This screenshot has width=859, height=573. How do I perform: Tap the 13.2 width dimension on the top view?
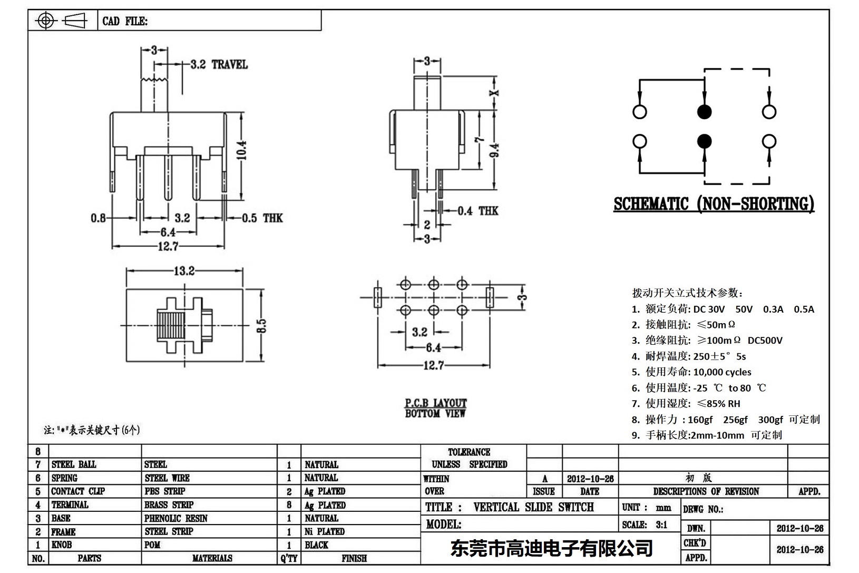click(184, 271)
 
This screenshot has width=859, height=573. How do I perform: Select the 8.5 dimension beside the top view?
click(261, 325)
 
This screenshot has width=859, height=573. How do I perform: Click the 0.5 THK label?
click(262, 218)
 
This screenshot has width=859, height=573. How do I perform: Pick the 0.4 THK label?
click(477, 211)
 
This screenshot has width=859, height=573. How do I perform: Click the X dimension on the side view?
click(494, 93)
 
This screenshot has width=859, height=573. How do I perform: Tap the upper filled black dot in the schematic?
click(704, 112)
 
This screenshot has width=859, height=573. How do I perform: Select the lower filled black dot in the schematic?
click(704, 141)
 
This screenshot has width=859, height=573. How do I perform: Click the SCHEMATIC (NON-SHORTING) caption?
click(714, 204)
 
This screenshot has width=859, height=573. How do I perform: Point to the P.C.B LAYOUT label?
click(435, 403)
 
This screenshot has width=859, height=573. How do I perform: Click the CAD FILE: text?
click(125, 22)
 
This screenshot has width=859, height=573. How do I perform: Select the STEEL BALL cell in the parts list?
click(74, 464)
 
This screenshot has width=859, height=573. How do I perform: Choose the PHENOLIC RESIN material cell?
click(175, 518)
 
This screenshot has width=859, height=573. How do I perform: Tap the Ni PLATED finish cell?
click(324, 531)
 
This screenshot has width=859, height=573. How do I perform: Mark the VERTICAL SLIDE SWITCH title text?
click(533, 507)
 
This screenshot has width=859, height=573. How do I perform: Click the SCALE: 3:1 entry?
click(645, 525)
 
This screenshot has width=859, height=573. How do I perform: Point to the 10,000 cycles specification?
click(722, 372)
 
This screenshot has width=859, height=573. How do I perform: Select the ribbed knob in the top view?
click(170, 325)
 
